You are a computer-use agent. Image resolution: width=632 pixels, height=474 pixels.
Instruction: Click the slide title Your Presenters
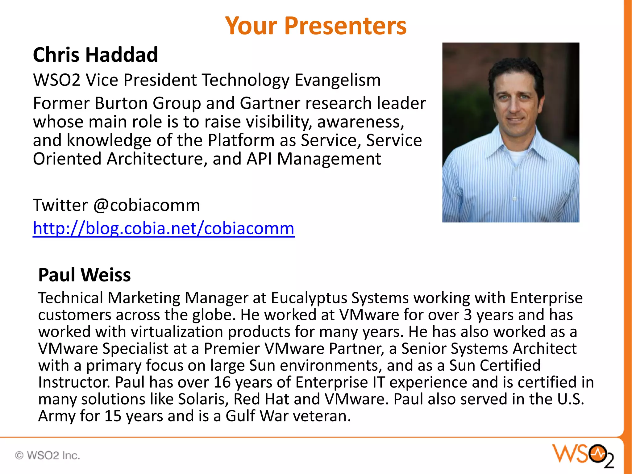coord(316,26)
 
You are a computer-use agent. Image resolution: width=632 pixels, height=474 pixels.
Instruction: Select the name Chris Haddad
coord(95,55)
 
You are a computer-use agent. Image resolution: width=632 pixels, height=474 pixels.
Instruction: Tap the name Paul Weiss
coord(84,275)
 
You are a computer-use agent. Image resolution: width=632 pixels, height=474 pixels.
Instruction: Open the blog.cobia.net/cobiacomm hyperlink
coord(164,229)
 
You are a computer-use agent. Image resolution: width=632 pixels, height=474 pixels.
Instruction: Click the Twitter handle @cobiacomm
coord(147,206)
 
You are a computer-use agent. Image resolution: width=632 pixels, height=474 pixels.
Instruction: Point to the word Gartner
coord(270,103)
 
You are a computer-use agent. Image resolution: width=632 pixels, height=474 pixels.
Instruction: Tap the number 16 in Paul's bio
coord(222,382)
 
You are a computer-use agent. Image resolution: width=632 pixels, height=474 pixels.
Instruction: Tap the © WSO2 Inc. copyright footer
coord(48,455)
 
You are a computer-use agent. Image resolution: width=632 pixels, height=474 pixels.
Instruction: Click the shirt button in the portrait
coord(514,199)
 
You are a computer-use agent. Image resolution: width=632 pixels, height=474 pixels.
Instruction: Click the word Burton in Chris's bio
coord(121,103)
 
